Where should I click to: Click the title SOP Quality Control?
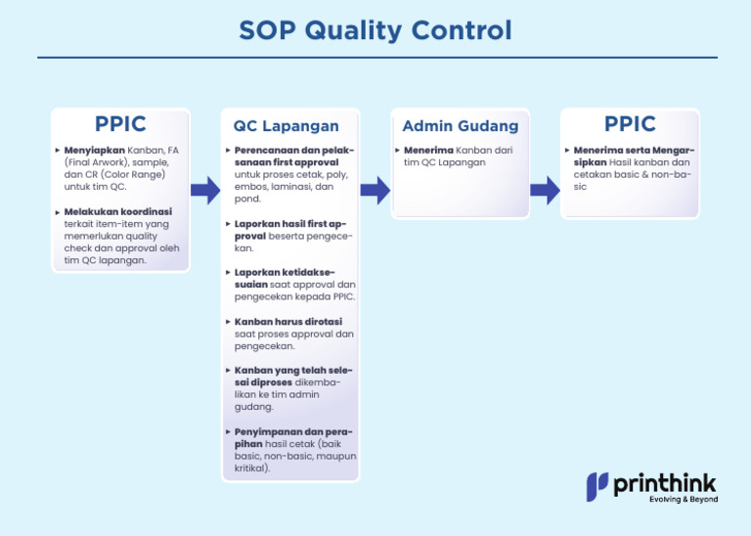375,30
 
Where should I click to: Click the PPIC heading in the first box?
120,124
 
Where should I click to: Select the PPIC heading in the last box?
630,124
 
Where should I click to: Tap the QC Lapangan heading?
286,126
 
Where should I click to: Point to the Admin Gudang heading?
461,126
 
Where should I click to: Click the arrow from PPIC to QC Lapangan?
204,190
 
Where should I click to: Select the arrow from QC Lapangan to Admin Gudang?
375,190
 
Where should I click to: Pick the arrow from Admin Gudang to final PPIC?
545,190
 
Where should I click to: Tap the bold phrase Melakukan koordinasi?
117,211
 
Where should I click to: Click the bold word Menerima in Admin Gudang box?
429,151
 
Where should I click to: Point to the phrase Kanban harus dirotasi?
288,321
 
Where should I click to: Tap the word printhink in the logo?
665,483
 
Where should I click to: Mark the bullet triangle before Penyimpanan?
228,431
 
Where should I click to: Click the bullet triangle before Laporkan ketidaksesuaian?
228,272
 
